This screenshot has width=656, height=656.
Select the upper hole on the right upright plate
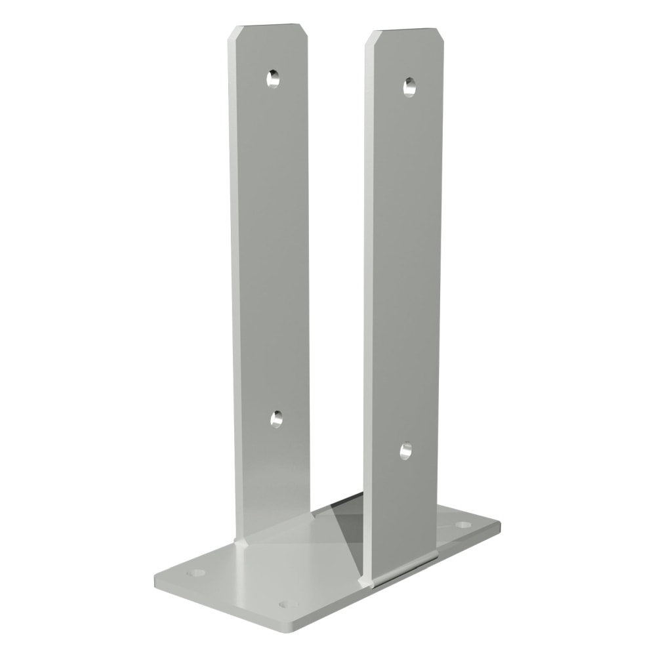coord(410,85)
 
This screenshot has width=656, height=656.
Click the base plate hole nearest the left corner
coord(195,573)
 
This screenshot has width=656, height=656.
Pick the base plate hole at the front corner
coord(285,604)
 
